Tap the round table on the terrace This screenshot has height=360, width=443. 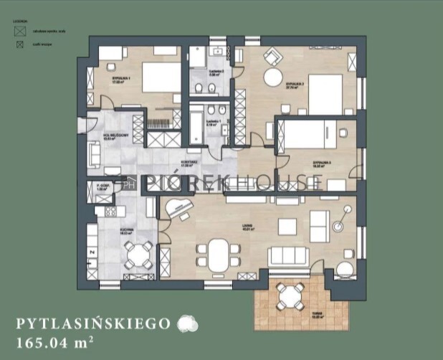(x=290, y=294)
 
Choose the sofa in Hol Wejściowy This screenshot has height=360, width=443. (x=93, y=152)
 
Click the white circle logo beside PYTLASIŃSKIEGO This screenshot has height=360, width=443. (x=186, y=323)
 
